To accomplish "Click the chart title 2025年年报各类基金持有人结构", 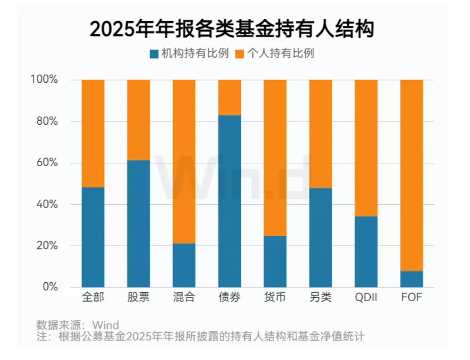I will coord(231,29).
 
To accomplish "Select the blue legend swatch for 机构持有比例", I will coord(154,54).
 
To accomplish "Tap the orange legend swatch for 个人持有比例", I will coord(240,54).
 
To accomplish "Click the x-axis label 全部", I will coord(93,298).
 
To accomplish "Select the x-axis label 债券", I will coord(230,298).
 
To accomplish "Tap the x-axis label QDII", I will coord(366,298).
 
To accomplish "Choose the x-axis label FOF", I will coord(412,298).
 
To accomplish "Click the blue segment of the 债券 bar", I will coord(230,201).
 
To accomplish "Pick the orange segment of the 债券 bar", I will coord(230,97).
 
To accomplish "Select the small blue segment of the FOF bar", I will coord(412,279).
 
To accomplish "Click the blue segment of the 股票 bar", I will coord(138,224).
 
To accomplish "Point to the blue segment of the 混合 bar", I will coord(184,265).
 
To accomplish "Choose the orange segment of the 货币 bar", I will coord(275,158).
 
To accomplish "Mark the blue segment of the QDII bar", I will coord(366,251).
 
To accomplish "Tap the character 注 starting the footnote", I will coord(41,336).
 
